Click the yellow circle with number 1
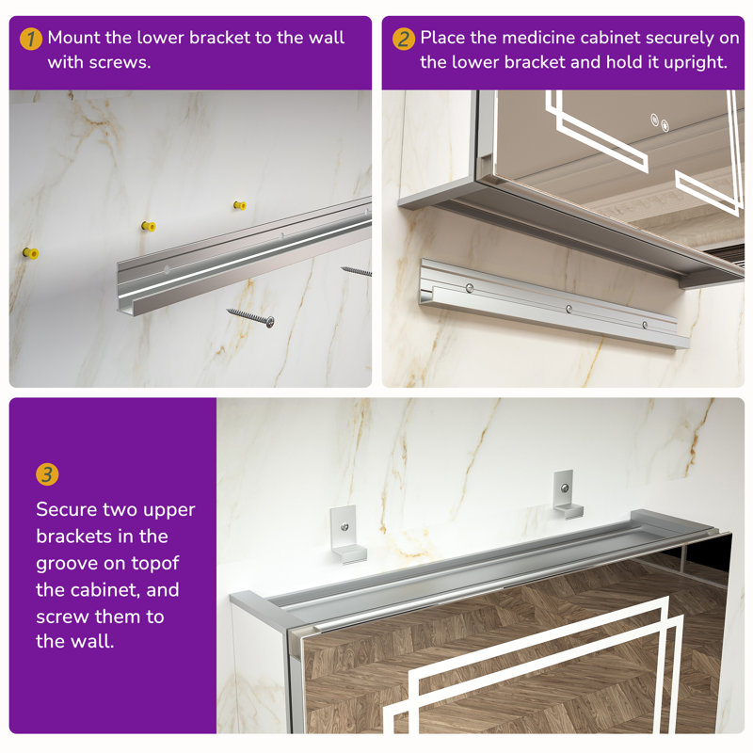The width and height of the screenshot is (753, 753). coord(31,39)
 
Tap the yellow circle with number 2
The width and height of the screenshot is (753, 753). coord(404,39)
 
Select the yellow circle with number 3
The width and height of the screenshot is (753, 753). coord(47,474)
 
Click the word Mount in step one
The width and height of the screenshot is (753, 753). coord(73,38)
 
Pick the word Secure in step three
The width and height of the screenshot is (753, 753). coord(66,509)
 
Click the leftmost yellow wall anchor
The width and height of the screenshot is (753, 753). coord(31,252)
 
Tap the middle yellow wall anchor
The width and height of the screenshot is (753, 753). coord(149,226)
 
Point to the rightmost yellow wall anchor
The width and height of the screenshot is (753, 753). coord(240,205)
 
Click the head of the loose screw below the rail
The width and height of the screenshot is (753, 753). coord(270,322)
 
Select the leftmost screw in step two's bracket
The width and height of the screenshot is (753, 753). coord(469,288)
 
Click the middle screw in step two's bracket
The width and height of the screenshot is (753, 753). coord(569,309)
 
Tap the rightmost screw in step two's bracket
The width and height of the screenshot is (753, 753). coord(645,325)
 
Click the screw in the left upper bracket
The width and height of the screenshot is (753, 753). coord(344,527)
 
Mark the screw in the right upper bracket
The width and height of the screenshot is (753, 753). coord(565,489)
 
